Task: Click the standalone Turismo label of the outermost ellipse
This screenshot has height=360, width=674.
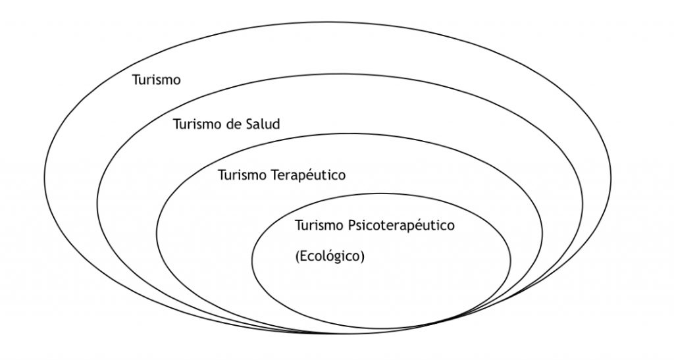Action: coord(157,80)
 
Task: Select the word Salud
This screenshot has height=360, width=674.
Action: coord(264,124)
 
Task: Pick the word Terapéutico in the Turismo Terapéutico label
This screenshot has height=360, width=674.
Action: coord(308,176)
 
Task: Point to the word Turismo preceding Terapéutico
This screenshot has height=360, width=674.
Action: coord(242,176)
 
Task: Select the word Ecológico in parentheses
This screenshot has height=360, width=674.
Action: coord(330,256)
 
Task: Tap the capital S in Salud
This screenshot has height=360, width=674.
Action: coord(251,124)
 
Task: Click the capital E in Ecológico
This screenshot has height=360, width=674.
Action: coord(305,256)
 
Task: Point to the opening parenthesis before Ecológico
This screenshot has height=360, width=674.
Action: coord(298,256)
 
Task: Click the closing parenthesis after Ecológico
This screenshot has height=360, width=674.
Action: coord(361,256)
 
